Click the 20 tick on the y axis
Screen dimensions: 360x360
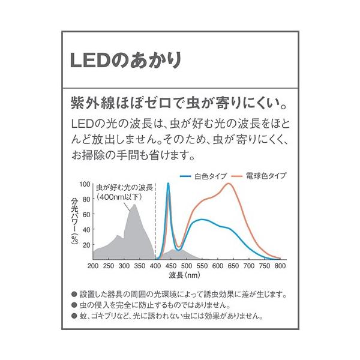[86, 245]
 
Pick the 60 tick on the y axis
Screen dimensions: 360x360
[86, 214]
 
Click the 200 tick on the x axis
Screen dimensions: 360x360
[92, 265]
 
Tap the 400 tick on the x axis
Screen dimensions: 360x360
[156, 265]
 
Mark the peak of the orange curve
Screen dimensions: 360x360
[229, 184]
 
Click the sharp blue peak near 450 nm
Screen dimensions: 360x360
[168, 184]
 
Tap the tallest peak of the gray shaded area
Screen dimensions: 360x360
[133, 205]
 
